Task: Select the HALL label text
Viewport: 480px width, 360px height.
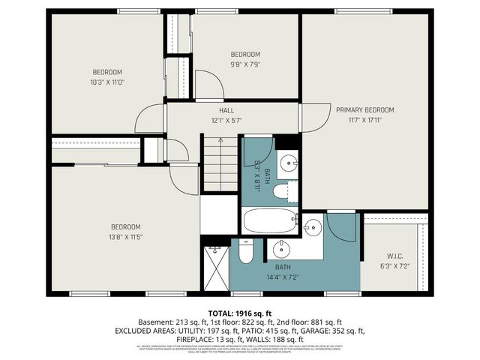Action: pos(226,109)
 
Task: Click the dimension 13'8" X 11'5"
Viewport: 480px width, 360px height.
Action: pos(126,237)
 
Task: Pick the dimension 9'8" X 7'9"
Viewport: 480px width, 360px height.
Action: pos(244,64)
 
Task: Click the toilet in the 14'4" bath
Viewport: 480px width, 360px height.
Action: pos(246,251)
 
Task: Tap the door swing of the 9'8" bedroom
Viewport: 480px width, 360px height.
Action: pos(208,85)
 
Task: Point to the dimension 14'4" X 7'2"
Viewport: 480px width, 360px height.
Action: pos(283,277)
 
